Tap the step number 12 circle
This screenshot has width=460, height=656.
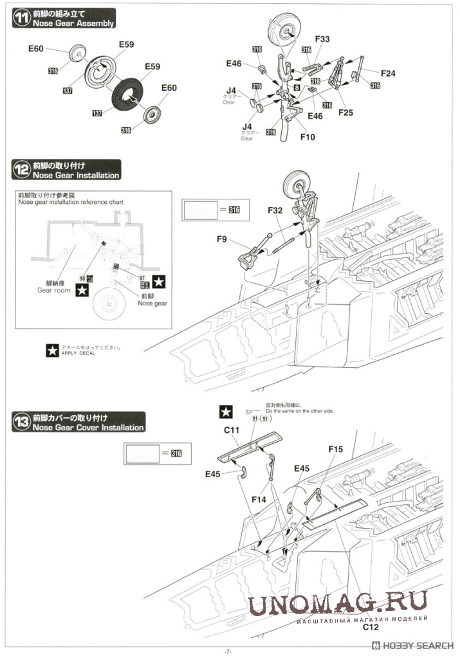(x=22, y=170)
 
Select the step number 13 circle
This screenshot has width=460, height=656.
(x=22, y=423)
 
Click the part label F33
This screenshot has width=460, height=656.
(x=322, y=39)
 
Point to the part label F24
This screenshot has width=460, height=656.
(x=388, y=73)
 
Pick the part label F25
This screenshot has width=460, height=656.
(x=345, y=113)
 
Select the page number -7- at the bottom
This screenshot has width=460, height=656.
(x=228, y=651)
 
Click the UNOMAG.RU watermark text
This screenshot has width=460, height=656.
(x=338, y=604)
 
